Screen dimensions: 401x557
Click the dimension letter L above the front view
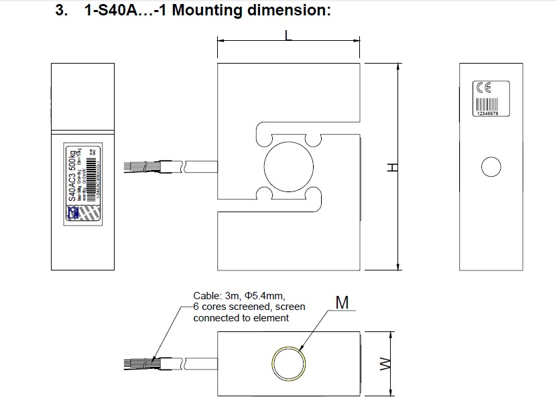[x=288, y=35]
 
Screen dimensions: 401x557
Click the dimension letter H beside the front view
[x=393, y=167]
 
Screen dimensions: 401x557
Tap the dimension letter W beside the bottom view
[x=385, y=365]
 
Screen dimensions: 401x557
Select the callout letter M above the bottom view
[x=342, y=303]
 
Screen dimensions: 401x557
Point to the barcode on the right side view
[x=487, y=105]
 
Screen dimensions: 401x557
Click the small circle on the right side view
[x=491, y=166]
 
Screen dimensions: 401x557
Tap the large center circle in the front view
[x=289, y=166]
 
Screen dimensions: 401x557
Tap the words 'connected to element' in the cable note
[x=241, y=318]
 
